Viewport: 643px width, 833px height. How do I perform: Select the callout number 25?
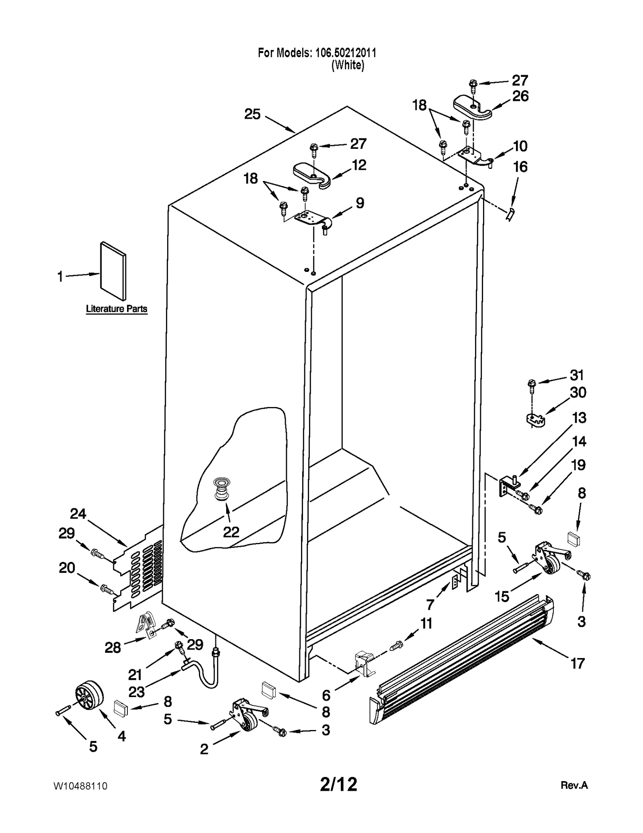[252, 114]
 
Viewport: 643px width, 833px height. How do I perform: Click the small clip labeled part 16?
[510, 214]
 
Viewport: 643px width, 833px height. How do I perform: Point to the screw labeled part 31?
[532, 385]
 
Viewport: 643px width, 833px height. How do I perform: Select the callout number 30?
[578, 392]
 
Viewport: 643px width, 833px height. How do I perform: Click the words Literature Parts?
[117, 309]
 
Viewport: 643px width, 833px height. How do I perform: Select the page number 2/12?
[338, 784]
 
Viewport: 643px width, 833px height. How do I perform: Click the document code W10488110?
[80, 786]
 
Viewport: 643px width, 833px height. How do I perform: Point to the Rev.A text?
[574, 785]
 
